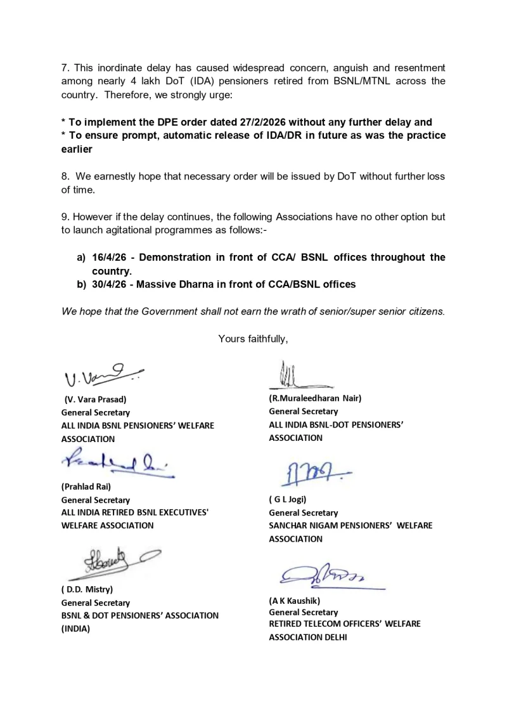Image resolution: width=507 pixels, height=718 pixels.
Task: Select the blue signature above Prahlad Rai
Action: click(117, 466)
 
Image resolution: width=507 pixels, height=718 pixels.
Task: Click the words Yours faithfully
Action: click(253, 339)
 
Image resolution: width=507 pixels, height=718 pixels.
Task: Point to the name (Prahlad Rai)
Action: click(86, 486)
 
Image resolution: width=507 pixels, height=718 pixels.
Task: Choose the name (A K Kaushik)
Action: click(295, 599)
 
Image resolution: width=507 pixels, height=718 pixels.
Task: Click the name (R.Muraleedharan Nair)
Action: click(315, 398)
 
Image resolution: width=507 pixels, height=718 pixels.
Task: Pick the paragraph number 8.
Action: click(65, 176)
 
